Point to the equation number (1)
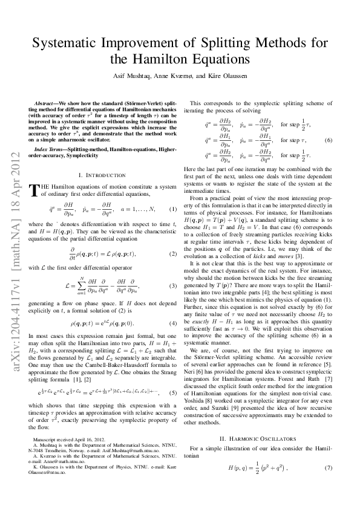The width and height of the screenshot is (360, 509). pos(172,209)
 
